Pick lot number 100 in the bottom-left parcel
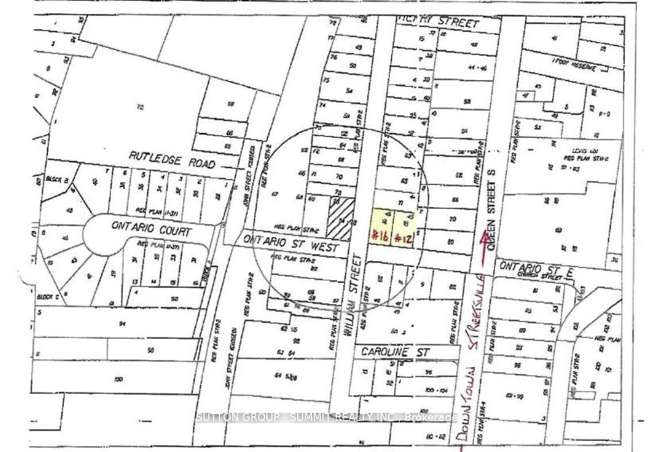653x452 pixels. click(119, 380)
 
